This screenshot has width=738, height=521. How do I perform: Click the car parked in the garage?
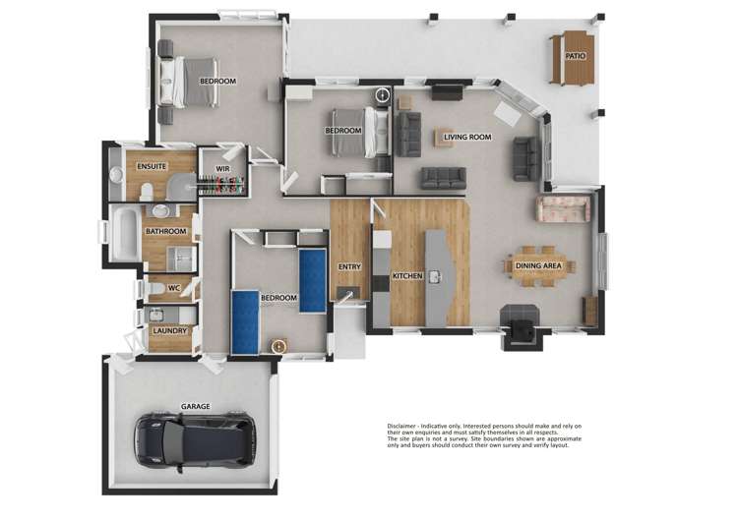coord(195,438)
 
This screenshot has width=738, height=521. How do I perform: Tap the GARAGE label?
coord(195,406)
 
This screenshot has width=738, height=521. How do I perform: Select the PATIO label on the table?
coord(576,56)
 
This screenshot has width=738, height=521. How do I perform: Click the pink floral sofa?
coord(562,208)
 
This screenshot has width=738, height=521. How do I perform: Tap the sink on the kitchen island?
coord(434,276)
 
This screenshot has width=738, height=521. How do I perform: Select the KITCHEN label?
coord(407,276)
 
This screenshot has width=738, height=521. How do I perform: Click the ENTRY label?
coord(349,266)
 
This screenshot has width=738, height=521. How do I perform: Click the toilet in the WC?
coord(154,288)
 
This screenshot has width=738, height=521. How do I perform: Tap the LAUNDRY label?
coord(169,331)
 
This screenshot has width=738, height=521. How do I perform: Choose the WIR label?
coord(223,169)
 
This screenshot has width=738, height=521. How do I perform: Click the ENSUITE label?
coord(151,167)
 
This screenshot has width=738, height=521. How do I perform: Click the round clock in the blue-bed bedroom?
coord(278,346)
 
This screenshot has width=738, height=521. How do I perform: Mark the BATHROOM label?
coord(165,232)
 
